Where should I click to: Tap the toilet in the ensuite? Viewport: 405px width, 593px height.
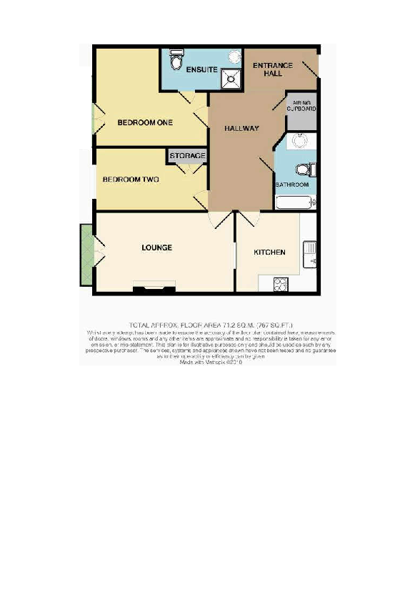point(176,60)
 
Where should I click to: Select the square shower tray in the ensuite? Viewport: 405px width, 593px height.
point(232,78)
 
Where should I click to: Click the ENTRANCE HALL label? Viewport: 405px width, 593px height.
point(273,69)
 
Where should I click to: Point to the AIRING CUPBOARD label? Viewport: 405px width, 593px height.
point(301,107)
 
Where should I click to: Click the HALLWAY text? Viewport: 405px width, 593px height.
point(241,128)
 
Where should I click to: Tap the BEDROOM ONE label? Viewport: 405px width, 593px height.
point(145,123)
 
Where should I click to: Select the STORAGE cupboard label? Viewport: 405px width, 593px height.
point(188,156)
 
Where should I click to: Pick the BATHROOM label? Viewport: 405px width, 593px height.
point(292,185)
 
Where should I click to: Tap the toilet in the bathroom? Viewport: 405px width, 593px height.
point(306,169)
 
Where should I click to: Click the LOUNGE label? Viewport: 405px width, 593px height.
point(156,248)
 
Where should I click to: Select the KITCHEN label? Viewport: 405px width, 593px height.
point(270,252)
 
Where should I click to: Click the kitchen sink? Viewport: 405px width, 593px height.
point(309,253)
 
